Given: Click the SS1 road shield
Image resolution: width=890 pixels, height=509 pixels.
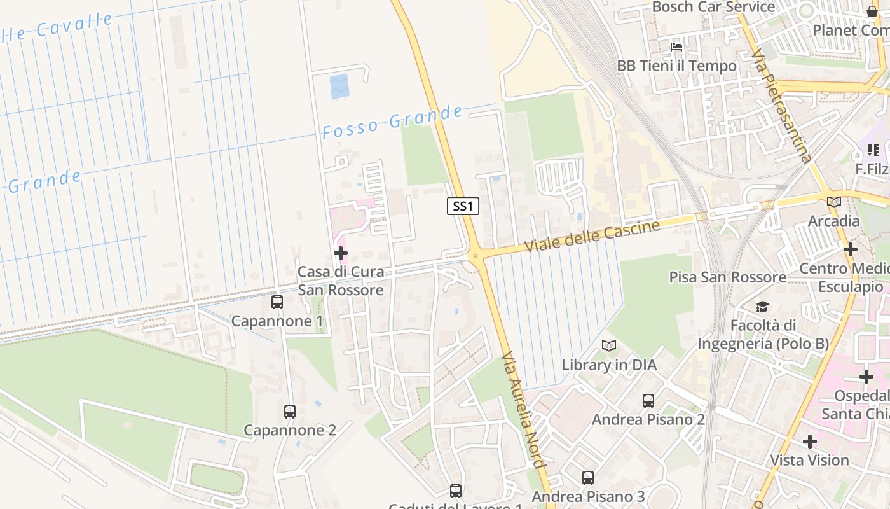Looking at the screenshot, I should (x=463, y=206).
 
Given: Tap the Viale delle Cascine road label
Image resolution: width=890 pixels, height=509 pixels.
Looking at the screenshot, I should (x=592, y=236).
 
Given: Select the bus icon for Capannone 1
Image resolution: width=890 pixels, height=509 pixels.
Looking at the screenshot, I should (x=277, y=302).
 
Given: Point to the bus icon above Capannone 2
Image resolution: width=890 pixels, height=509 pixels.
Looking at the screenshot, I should (x=290, y=412).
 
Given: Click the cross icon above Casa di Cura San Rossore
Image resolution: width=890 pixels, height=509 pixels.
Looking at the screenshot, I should (x=341, y=253).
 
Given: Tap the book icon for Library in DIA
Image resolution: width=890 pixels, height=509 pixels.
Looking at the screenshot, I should (x=609, y=346).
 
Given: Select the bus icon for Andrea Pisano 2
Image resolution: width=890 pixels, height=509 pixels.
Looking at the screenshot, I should (x=648, y=401).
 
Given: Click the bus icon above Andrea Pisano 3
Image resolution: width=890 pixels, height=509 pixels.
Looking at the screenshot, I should (x=588, y=477).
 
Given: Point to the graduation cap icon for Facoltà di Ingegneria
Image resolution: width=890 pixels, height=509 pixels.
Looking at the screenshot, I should (x=762, y=307).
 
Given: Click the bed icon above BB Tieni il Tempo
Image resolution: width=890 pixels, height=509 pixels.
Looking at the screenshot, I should (x=676, y=47).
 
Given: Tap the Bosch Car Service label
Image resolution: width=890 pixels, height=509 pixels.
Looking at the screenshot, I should (x=713, y=8).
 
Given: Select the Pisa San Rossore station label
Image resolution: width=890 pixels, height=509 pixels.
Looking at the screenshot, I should (x=727, y=277).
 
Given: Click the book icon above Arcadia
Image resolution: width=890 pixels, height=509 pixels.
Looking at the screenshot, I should (x=833, y=202).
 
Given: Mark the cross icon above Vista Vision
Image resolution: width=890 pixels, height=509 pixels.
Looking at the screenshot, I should (x=809, y=441).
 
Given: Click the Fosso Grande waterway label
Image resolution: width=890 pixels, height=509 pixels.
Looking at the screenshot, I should (x=392, y=122).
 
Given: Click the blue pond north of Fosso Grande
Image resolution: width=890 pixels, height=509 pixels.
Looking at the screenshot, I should (x=339, y=87).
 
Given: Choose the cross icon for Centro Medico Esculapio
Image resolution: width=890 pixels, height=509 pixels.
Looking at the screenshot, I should (x=851, y=249).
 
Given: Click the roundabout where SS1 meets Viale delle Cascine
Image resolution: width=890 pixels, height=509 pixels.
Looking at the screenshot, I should (x=475, y=256).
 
